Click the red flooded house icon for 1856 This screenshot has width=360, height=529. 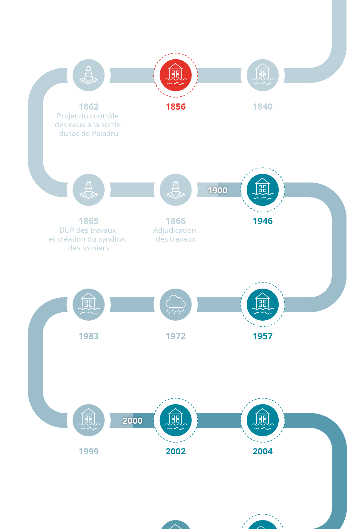click(176, 75)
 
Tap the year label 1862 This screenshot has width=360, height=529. click(88, 107)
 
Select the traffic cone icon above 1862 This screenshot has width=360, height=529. click(88, 75)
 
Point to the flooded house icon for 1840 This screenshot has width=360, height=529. click(263, 75)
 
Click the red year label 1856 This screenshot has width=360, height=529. click(176, 107)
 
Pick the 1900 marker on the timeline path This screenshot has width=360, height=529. click(217, 190)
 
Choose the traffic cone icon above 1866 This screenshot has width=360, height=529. click(176, 190)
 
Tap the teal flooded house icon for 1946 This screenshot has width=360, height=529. click(263, 190)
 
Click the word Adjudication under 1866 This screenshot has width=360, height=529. click(174, 230)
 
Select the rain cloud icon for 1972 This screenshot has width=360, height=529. click(176, 304)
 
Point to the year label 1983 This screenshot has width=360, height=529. click(88, 336)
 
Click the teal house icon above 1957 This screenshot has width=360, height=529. click(263, 304)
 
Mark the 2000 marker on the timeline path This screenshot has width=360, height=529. click(132, 421)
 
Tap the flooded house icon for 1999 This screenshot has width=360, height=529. click(88, 420)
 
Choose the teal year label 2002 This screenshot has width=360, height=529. click(176, 451)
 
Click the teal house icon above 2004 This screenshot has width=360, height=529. click(263, 420)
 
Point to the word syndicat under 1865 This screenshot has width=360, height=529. click(112, 239)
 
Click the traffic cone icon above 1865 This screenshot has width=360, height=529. click(88, 190)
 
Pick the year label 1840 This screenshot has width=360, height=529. click(263, 107)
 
